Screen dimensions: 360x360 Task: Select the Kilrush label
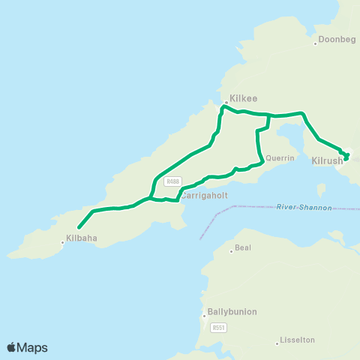326,160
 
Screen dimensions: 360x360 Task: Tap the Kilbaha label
82,238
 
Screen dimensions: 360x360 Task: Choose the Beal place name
242,247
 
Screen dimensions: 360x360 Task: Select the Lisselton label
296,340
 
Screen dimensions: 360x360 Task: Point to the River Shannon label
304,207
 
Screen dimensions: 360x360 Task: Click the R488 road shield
173,181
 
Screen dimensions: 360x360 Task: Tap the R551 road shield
218,327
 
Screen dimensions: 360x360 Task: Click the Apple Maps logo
26,347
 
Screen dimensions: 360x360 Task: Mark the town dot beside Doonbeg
316,43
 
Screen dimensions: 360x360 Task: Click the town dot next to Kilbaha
63,241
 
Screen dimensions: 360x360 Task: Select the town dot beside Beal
232,250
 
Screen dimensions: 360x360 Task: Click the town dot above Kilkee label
226,102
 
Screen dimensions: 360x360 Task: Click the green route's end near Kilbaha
79,226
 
